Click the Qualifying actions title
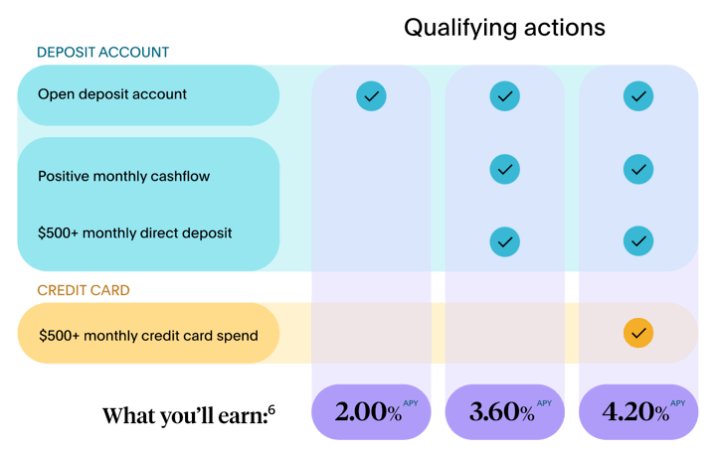504,28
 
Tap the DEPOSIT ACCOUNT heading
102,53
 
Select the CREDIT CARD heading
84,290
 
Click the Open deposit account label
111,94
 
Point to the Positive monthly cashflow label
123,177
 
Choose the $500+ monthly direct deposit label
134,233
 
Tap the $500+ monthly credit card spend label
148,336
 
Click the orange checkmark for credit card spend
638,333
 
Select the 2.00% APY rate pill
371,411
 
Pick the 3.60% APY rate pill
504,411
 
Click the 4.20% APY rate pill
638,411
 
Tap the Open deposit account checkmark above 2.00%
371,96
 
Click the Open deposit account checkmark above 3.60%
504,96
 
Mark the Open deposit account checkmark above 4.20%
638,96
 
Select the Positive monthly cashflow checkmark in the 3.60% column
504,169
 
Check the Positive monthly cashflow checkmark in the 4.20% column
638,169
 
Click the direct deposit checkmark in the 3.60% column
504,241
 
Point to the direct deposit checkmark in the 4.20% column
638,241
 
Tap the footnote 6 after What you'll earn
271,409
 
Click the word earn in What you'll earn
243,416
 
